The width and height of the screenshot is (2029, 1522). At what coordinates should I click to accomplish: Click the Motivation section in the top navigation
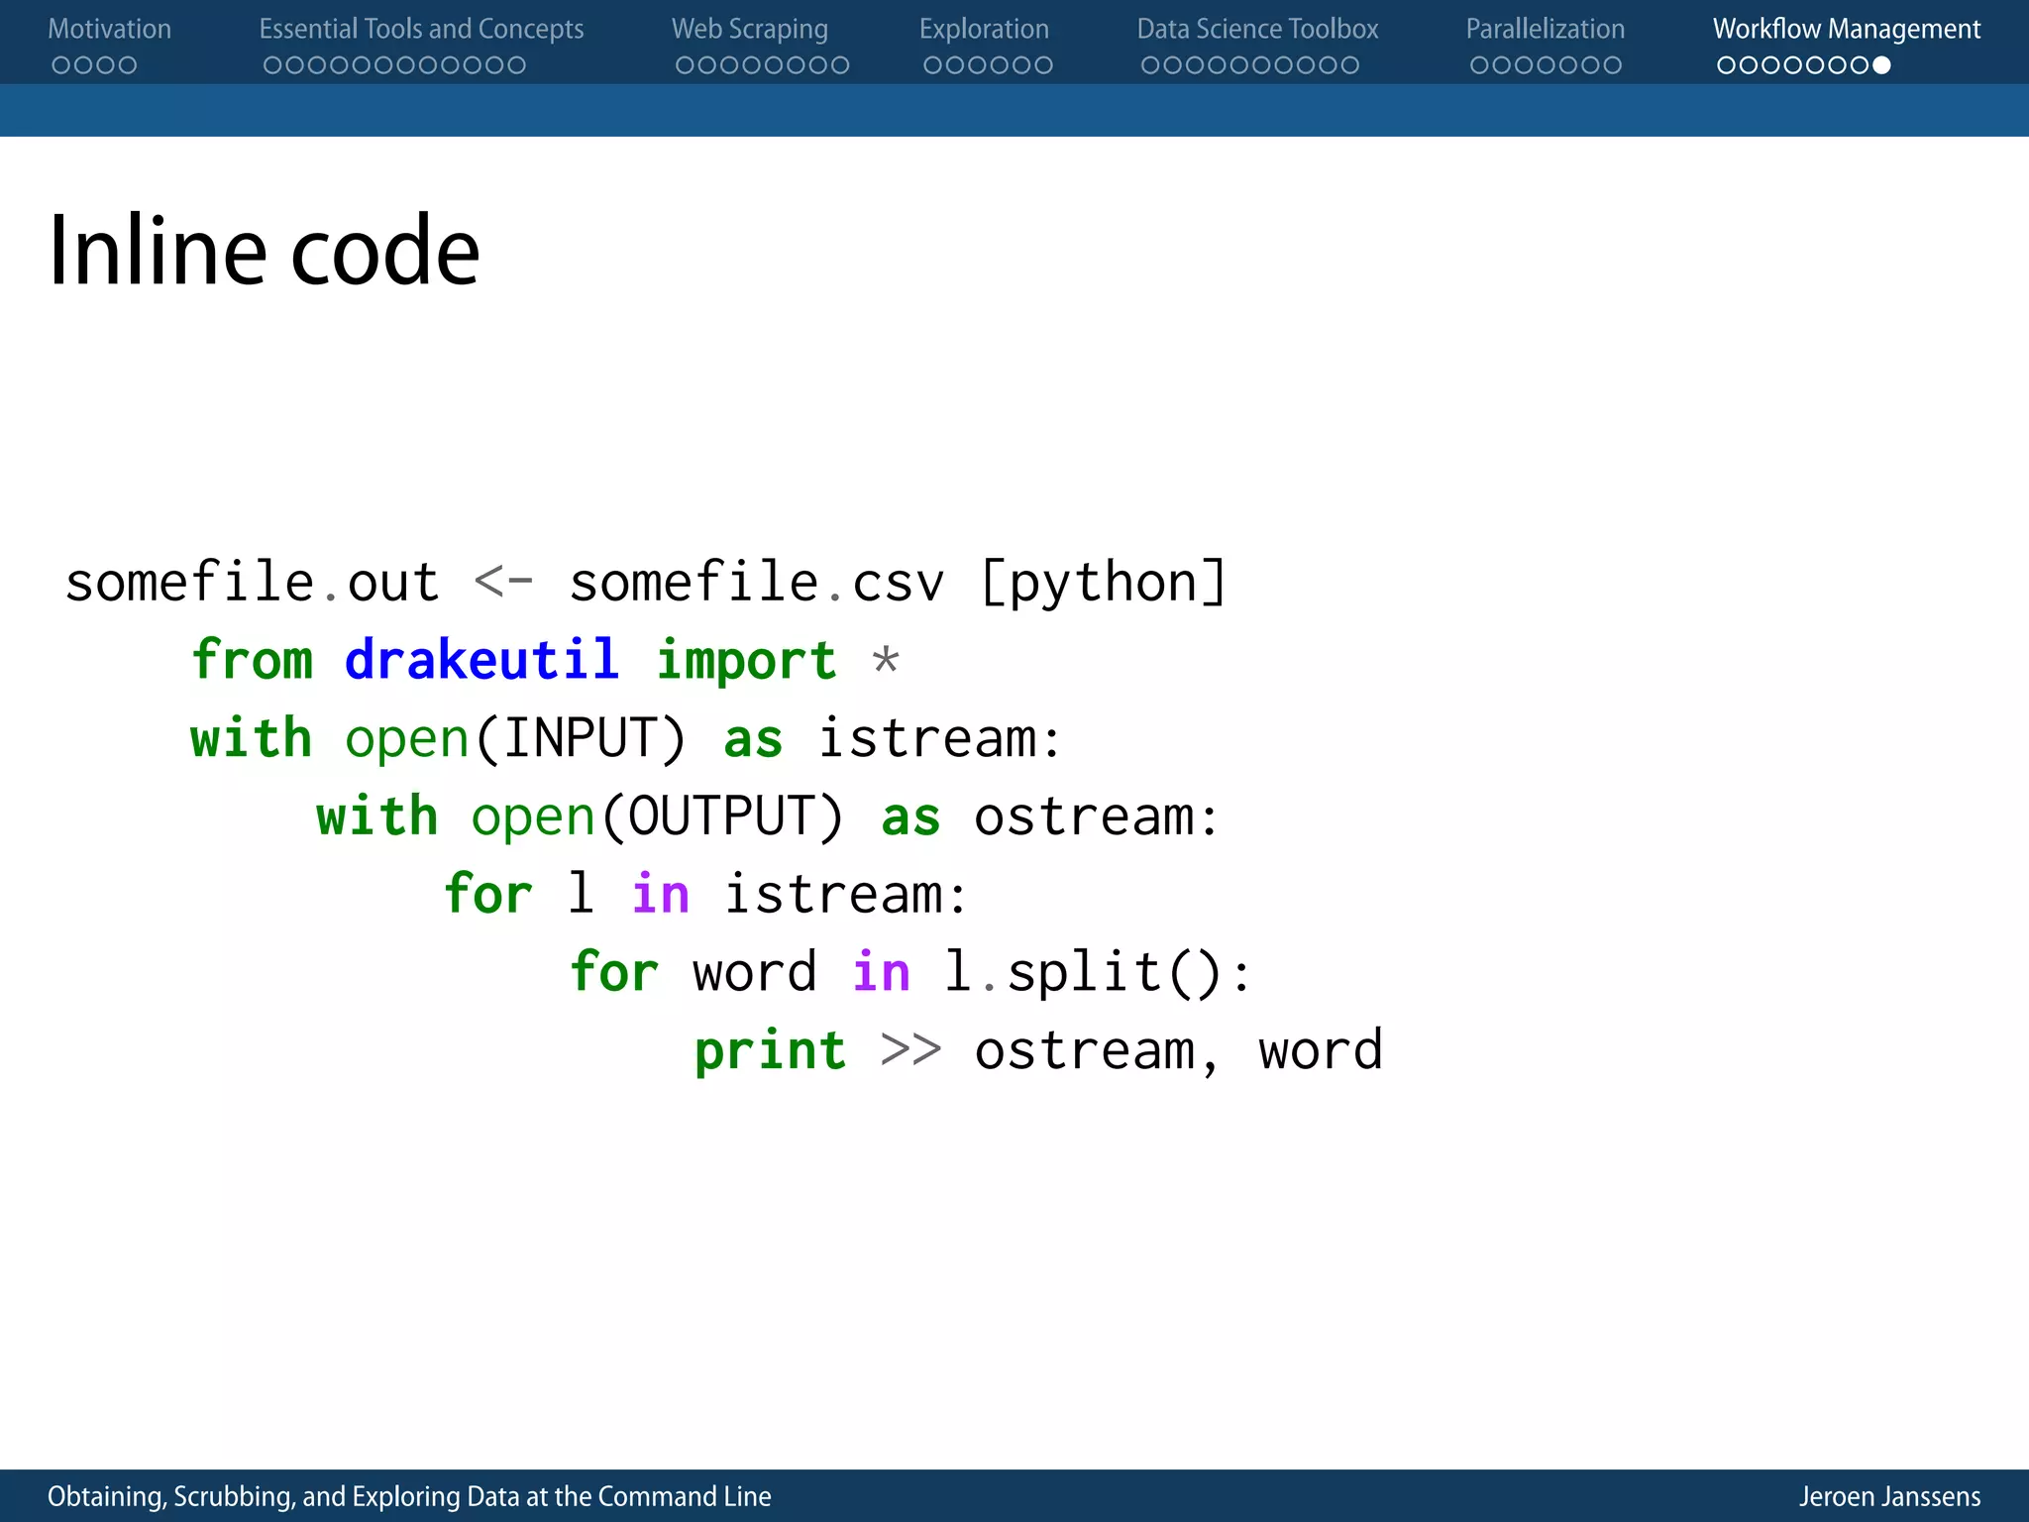point(109,30)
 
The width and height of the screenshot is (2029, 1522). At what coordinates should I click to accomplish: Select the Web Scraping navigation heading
point(749,30)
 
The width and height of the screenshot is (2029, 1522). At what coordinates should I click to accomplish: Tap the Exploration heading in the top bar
point(983,30)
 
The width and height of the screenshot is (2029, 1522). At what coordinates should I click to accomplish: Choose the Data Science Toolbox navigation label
point(1256,30)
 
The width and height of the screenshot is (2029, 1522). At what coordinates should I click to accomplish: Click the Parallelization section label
point(1545,30)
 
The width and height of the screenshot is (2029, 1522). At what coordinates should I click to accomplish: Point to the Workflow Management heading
point(1846,30)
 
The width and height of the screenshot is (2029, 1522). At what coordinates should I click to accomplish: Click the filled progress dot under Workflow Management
point(1881,65)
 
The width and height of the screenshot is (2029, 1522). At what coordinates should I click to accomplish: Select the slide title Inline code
point(264,252)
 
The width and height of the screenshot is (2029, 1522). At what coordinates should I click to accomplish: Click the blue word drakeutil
point(481,660)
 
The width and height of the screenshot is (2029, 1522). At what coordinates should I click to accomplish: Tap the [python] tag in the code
point(1103,583)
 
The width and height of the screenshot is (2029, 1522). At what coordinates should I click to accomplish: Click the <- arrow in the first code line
point(503,583)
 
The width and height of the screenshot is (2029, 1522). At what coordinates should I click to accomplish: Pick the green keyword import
point(746,660)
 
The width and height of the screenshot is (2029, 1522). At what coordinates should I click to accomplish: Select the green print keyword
point(770,1050)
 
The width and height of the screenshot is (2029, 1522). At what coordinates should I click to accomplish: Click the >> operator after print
point(910,1050)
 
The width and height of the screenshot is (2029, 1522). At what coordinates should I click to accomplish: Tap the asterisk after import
point(886,660)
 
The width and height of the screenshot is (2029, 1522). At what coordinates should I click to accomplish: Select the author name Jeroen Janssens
point(1889,1496)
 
